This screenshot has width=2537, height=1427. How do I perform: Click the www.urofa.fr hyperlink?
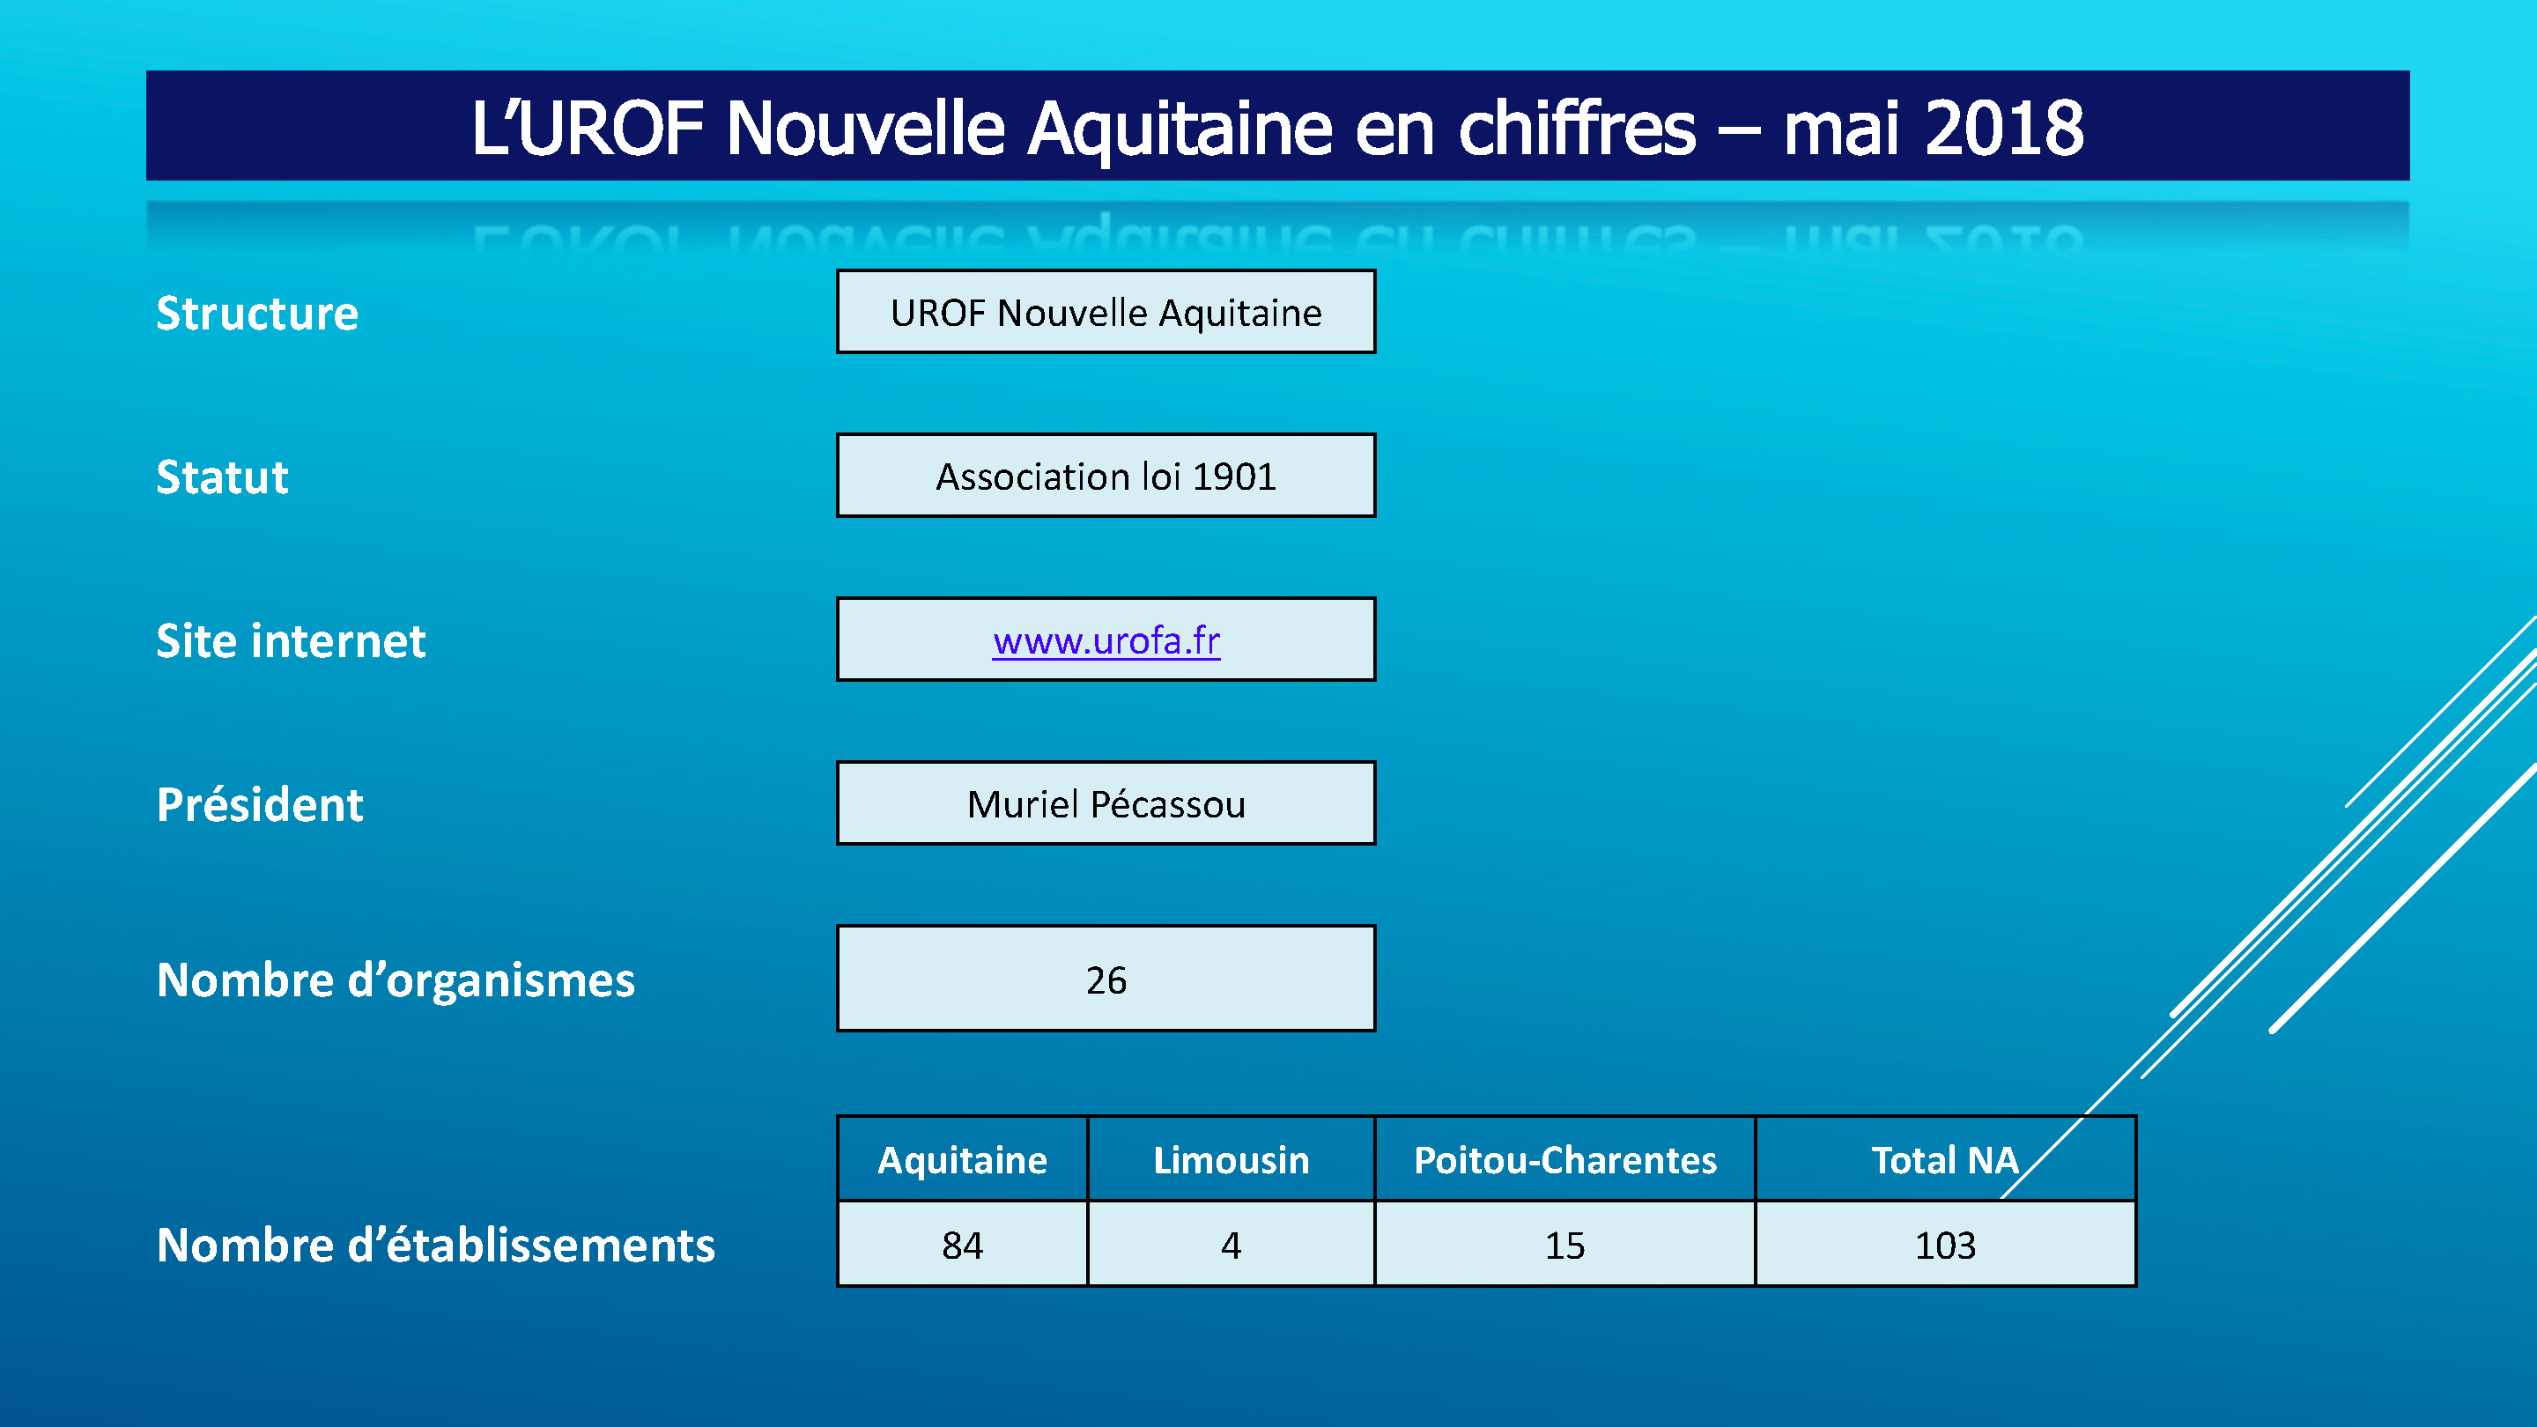click(x=1106, y=641)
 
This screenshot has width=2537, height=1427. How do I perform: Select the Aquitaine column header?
click(x=962, y=1159)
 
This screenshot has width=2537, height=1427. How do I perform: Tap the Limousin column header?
click(x=1232, y=1159)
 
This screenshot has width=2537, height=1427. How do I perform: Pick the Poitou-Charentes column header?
click(x=1565, y=1159)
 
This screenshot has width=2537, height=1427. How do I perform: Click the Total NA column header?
click(x=1945, y=1159)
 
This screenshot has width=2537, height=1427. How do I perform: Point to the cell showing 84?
click(x=962, y=1245)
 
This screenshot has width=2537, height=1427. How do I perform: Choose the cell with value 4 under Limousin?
click(x=1232, y=1245)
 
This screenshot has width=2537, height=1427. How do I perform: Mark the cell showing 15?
click(x=1565, y=1245)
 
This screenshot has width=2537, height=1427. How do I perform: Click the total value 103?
click(x=1945, y=1246)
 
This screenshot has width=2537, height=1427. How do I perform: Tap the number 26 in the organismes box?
click(x=1106, y=980)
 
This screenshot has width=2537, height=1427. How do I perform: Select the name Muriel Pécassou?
click(x=1106, y=803)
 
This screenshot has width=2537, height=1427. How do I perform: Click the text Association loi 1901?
click(x=1106, y=477)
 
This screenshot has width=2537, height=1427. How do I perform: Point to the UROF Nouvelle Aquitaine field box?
click(x=1106, y=311)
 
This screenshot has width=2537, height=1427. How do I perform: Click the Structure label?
click(x=257, y=314)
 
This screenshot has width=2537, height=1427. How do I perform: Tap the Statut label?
click(x=223, y=477)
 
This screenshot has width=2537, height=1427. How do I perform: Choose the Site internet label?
click(x=291, y=641)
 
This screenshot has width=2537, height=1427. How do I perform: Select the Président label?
click(x=260, y=804)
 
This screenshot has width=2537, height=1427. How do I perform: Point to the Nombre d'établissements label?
click(x=435, y=1245)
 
